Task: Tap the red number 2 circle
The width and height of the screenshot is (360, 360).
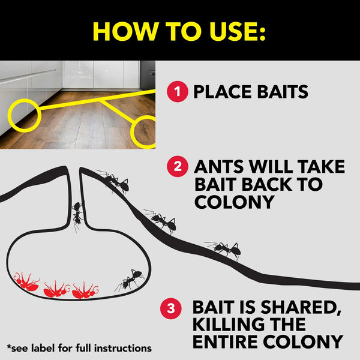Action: (x=178, y=167)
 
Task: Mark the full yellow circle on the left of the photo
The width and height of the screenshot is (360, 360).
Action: (x=25, y=115)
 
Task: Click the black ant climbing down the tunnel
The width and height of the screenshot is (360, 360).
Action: (x=77, y=214)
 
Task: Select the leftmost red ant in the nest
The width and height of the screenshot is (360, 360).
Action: (x=26, y=283)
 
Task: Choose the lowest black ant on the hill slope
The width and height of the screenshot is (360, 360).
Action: (x=224, y=248)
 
